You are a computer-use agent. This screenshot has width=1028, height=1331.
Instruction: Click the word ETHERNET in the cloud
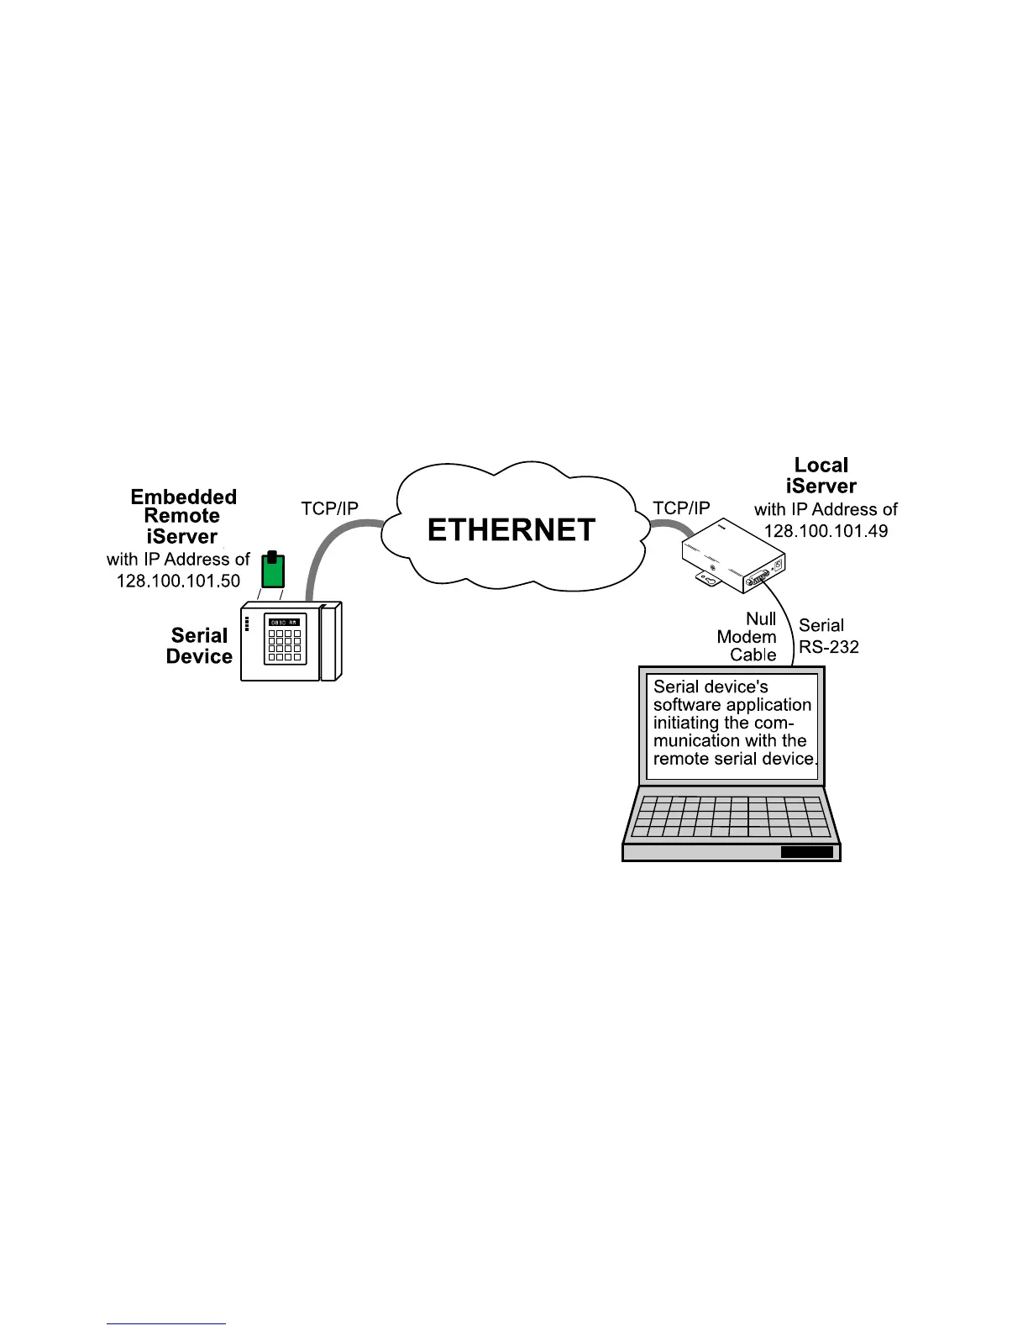point(511,530)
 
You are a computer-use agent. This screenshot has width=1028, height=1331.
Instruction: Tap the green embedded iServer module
point(271,571)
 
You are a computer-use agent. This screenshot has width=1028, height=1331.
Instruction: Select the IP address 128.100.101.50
point(178,581)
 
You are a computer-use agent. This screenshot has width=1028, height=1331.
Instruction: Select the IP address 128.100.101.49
point(826,531)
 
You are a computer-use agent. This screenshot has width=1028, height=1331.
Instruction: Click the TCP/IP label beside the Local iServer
point(681,508)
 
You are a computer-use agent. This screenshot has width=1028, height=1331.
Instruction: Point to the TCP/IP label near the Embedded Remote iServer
point(330,508)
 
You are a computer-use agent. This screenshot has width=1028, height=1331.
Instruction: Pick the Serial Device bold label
point(199,646)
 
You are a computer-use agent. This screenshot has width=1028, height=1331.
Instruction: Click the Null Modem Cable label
point(747,637)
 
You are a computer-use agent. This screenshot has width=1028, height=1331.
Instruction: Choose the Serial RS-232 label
point(828,636)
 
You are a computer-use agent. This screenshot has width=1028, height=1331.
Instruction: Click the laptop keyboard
point(731,816)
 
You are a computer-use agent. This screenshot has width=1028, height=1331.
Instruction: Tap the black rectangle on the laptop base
point(807,852)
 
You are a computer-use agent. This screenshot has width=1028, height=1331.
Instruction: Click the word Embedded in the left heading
point(184,497)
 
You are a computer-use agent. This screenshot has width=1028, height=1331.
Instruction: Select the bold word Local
point(821,466)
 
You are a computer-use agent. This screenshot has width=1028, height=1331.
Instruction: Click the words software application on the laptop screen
point(732,705)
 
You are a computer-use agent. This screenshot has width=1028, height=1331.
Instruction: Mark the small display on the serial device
point(284,622)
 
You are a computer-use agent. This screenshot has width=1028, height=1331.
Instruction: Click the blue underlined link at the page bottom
point(166,1323)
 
